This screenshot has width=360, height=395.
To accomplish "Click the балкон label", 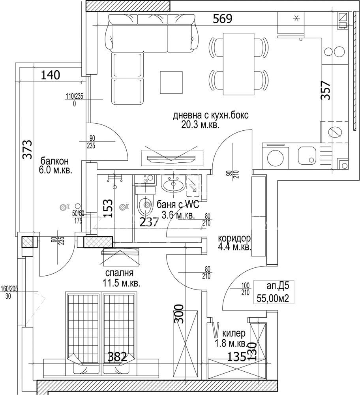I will (x=54, y=161).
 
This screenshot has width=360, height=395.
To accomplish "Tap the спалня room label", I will (x=119, y=273).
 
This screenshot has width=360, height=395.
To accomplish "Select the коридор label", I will (x=234, y=239).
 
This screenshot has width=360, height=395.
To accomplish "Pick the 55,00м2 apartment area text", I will (x=273, y=298).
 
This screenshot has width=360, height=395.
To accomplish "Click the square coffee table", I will (x=171, y=82).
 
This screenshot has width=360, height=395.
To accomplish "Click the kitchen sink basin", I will (x=307, y=155).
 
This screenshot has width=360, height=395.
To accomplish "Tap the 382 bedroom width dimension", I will (x=118, y=357).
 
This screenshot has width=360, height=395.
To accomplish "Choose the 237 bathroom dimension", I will (x=149, y=222).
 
